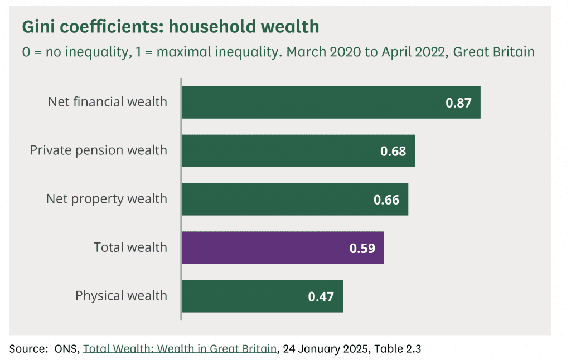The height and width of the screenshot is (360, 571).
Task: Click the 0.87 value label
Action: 458,103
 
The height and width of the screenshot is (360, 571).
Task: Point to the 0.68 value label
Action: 393,151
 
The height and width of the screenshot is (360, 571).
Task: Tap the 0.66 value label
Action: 386,200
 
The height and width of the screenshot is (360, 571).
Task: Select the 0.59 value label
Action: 362,248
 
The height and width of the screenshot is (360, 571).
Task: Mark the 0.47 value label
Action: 321,296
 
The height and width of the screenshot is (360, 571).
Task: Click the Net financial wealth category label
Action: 108,102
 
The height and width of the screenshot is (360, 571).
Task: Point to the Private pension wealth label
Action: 99,150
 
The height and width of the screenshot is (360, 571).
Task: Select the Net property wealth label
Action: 107,198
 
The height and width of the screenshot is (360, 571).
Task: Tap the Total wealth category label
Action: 130,247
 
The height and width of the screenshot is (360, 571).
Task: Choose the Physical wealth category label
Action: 121,295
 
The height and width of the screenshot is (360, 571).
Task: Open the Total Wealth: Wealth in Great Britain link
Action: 180,349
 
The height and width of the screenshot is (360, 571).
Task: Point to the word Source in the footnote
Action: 27,349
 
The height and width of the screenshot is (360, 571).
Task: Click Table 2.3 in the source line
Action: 397,349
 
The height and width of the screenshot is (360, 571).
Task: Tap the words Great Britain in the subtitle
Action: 494,52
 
